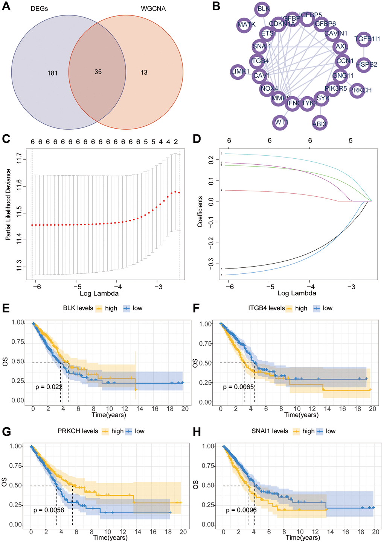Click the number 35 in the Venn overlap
98,72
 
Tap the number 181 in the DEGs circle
52,73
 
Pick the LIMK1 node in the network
240,71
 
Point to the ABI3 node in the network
319,123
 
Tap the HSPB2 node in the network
366,64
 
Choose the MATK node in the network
246,24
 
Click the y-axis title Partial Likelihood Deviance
8,205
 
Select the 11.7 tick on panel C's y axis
19,160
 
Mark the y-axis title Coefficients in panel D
200,211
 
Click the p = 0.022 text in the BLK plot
49,386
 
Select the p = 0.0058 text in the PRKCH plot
49,510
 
